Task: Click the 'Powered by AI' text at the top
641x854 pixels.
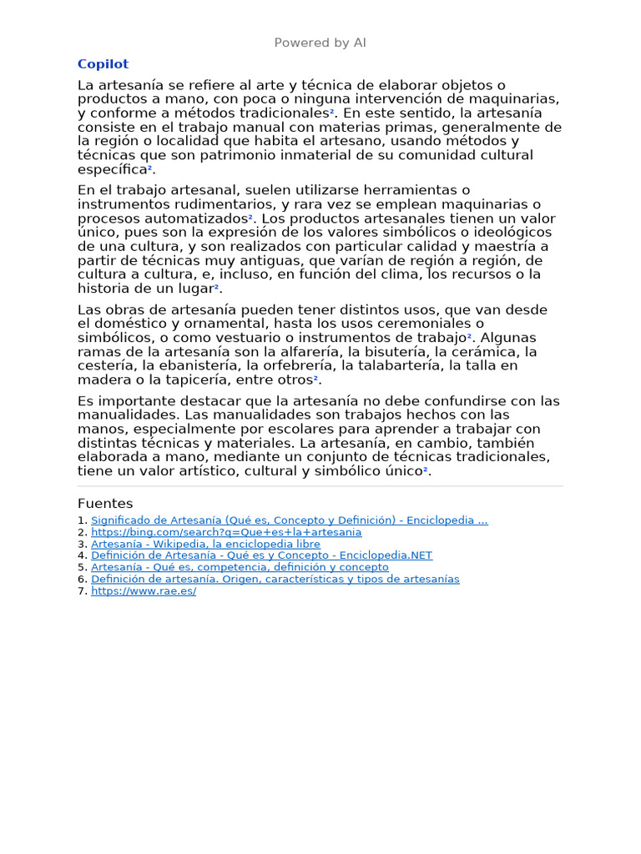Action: pyautogui.click(x=320, y=43)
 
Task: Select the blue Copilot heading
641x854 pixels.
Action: pyautogui.click(x=103, y=64)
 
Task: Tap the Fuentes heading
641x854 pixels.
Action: pyautogui.click(x=105, y=504)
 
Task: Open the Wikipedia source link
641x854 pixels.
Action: pyautogui.click(x=205, y=544)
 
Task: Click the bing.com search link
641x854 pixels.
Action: pyautogui.click(x=226, y=532)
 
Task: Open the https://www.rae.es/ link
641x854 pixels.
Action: pyautogui.click(x=144, y=590)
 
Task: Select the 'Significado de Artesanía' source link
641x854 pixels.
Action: pyautogui.click(x=290, y=520)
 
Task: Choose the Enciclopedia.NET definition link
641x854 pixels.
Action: pyautogui.click(x=261, y=555)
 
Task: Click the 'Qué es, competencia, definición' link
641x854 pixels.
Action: pyautogui.click(x=240, y=567)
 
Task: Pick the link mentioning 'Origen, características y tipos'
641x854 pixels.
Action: pyautogui.click(x=275, y=579)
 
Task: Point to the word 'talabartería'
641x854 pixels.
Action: pyautogui.click(x=403, y=365)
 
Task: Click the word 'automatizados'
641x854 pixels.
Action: pyautogui.click(x=194, y=219)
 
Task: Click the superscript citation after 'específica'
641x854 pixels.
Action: pyautogui.click(x=150, y=168)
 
